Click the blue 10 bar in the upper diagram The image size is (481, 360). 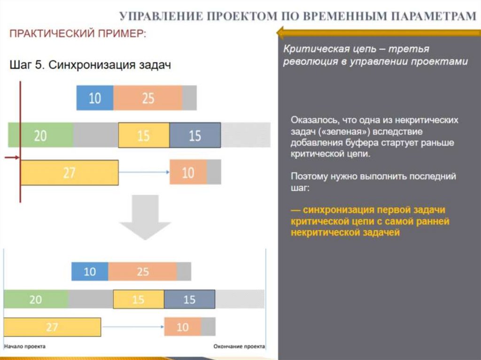[95, 98]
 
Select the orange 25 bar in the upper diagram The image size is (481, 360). [147, 98]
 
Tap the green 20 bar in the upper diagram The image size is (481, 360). [40, 135]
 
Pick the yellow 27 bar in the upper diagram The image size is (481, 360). [69, 173]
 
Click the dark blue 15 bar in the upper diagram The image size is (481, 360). [194, 135]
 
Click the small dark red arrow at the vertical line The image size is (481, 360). [12, 159]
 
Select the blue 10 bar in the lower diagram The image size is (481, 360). [90, 272]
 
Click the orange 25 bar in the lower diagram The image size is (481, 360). [142, 272]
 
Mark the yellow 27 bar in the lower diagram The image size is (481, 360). [52, 327]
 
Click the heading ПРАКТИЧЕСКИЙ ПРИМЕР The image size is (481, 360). [78, 34]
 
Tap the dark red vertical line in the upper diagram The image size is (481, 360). [20, 141]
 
